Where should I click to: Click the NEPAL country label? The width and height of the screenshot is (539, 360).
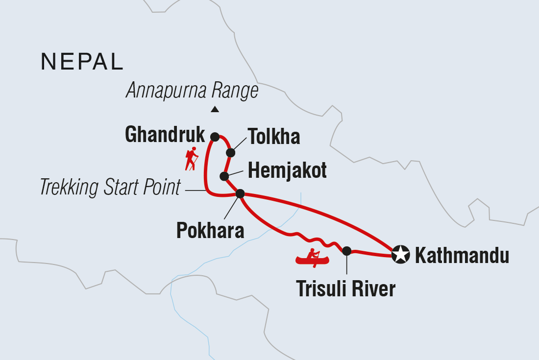click(82, 62)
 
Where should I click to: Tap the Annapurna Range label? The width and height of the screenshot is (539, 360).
click(192, 91)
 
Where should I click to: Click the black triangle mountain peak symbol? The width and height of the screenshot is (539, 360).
click(215, 109)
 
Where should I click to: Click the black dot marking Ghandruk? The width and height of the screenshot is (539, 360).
click(215, 137)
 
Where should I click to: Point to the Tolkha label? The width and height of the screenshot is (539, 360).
click(273, 137)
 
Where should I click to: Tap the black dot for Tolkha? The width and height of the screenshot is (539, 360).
click(230, 153)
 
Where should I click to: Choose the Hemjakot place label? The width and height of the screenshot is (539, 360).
click(287, 171)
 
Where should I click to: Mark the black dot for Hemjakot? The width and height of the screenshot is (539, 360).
click(224, 176)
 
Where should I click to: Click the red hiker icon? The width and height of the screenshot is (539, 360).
click(192, 158)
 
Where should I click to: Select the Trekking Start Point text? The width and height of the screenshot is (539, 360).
click(111, 188)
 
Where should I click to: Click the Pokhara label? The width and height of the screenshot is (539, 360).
click(210, 230)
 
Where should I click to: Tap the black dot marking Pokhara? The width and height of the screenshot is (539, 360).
click(240, 194)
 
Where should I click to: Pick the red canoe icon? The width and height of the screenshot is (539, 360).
click(312, 258)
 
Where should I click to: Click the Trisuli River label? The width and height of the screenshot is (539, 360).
click(345, 289)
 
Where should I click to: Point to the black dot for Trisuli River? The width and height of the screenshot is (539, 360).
click(346, 251)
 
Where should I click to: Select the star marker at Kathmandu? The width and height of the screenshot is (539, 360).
click(401, 255)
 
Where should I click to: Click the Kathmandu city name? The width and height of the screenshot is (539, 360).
click(462, 256)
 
